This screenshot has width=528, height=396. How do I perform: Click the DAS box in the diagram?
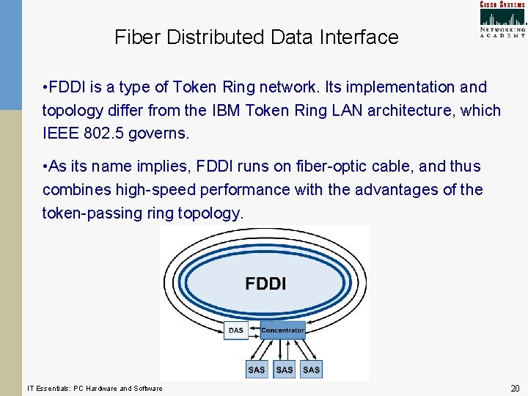[235, 331]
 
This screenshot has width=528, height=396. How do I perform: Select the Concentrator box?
[282, 331]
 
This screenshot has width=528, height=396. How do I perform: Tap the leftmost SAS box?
[257, 370]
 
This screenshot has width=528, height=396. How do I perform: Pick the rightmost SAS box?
[312, 370]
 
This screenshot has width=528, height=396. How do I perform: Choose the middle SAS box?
[285, 370]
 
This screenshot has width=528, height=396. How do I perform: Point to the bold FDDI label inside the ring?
[265, 284]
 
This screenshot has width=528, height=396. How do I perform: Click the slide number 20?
[515, 388]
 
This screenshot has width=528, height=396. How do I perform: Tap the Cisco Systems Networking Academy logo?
[502, 19]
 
